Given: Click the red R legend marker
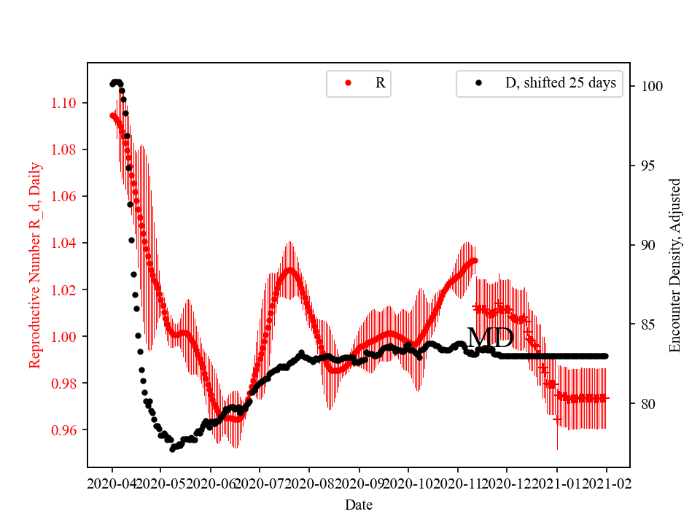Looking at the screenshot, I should click(348, 83).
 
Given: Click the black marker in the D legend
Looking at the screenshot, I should click(478, 83).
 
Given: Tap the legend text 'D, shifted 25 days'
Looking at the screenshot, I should click(560, 83).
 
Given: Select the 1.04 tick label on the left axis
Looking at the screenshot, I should click(64, 243).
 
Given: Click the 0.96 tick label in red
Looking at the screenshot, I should click(64, 429).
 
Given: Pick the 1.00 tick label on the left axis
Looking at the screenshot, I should click(64, 336).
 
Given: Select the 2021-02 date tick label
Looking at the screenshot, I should click(606, 484).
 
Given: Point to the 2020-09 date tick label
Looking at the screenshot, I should click(359, 484).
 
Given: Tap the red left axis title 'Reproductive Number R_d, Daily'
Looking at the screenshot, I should click(35, 265).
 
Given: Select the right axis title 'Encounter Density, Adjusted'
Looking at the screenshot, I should click(674, 265).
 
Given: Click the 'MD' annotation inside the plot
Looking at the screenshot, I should click(490, 338).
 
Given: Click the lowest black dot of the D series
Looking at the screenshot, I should click(173, 448).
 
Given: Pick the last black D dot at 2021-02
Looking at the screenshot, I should click(605, 356).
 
